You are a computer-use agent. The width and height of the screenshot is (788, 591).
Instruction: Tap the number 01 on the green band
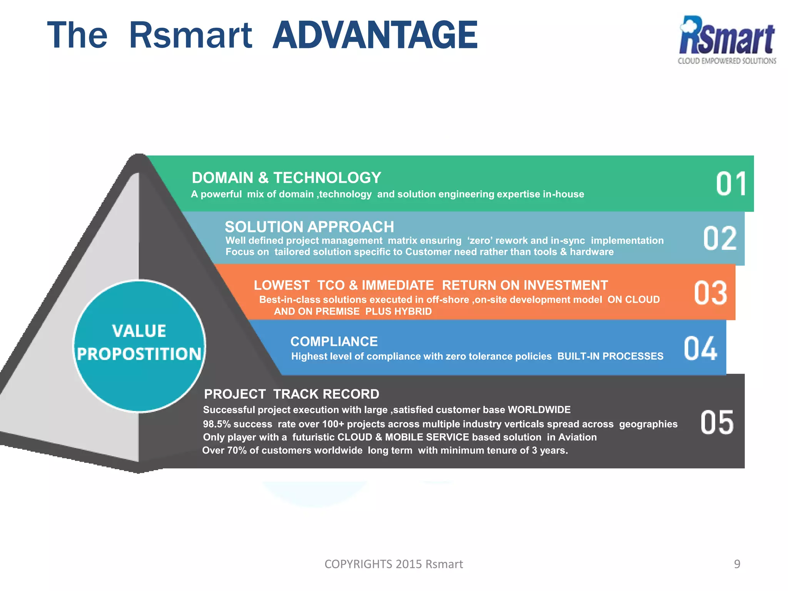(x=731, y=184)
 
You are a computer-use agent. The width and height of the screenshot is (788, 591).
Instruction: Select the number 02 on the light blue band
(x=720, y=239)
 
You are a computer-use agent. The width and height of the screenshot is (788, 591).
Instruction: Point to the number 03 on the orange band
(x=710, y=293)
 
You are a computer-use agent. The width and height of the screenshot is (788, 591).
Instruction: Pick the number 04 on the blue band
(x=700, y=349)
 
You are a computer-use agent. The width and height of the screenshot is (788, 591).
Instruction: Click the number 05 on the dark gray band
(x=717, y=422)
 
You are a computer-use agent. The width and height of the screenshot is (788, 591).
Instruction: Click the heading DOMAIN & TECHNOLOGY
(x=286, y=178)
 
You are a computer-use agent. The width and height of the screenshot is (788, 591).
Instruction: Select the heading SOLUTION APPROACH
(x=309, y=227)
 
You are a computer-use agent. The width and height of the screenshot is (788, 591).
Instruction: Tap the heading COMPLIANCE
(x=334, y=341)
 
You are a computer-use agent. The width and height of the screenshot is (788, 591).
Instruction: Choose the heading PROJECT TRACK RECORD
(x=291, y=394)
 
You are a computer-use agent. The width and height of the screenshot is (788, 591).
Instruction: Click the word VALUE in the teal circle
(x=139, y=331)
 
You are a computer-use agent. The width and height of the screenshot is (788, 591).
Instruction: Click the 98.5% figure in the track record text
(x=217, y=424)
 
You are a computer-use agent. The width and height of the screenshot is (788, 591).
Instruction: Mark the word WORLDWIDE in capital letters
(x=539, y=410)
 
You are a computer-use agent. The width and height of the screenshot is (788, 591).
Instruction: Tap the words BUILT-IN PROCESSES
(x=610, y=356)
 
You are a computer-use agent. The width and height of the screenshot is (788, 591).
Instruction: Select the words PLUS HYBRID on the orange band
(x=398, y=311)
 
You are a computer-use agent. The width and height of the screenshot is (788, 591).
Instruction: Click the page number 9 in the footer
(x=737, y=564)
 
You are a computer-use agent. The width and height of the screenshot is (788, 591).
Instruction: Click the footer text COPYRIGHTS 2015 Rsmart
(x=394, y=564)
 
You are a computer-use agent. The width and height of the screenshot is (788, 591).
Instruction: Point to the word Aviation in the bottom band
(x=577, y=437)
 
